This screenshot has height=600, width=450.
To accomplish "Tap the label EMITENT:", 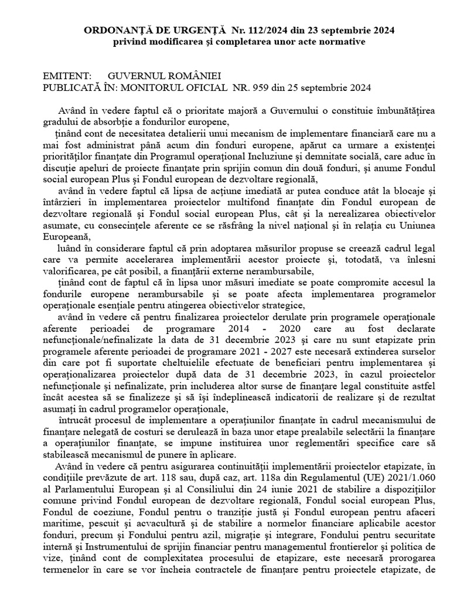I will click(67, 77).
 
